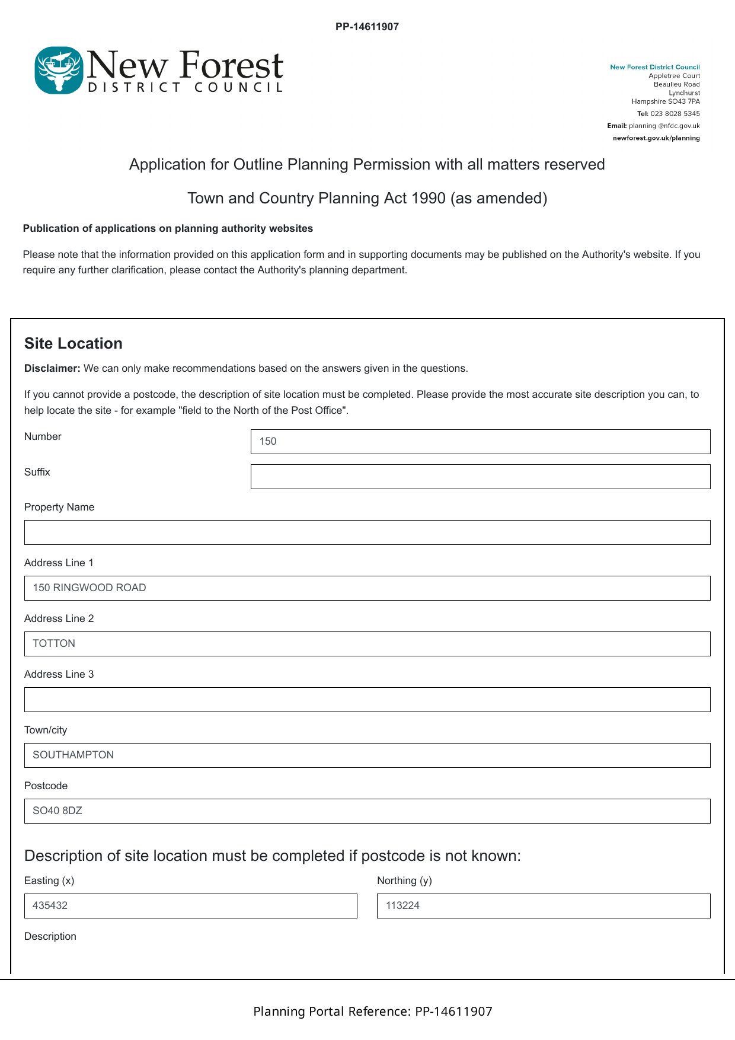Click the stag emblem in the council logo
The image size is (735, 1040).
(58, 71)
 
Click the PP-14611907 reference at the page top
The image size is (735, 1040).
(367, 27)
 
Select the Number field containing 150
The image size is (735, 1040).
(480, 442)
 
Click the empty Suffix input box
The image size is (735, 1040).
(480, 477)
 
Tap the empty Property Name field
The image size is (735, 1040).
(367, 532)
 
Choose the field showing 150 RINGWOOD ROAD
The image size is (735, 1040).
(367, 588)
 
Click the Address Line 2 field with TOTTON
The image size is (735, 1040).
(367, 644)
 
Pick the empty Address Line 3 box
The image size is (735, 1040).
(367, 700)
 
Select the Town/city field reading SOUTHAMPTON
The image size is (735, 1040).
(367, 755)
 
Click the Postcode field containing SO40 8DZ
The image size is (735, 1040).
(367, 811)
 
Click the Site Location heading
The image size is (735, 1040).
(73, 343)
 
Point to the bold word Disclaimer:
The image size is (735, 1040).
(52, 368)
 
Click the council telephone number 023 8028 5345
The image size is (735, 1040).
(675, 114)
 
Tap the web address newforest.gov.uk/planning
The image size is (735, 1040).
(656, 138)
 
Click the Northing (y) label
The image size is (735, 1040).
(404, 881)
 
